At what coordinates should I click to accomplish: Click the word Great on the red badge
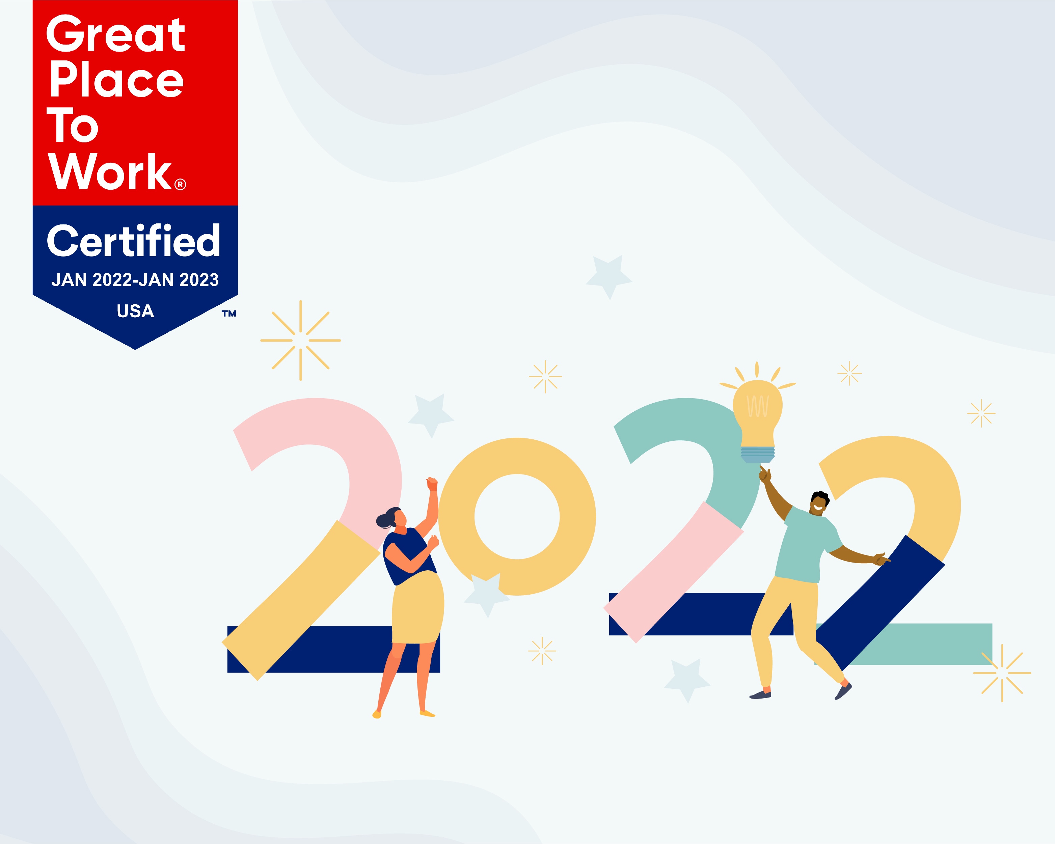[115, 34]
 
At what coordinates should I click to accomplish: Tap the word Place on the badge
[116, 79]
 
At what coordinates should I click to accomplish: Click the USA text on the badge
[136, 311]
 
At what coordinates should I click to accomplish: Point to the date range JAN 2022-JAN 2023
[135, 280]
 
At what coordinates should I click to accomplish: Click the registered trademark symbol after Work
[180, 185]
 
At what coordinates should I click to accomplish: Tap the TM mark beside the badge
[229, 314]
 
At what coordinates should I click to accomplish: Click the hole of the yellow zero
[517, 517]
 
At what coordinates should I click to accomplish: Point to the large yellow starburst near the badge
[300, 341]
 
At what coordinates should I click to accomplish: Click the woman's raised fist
[432, 484]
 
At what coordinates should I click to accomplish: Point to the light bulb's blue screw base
[757, 454]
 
